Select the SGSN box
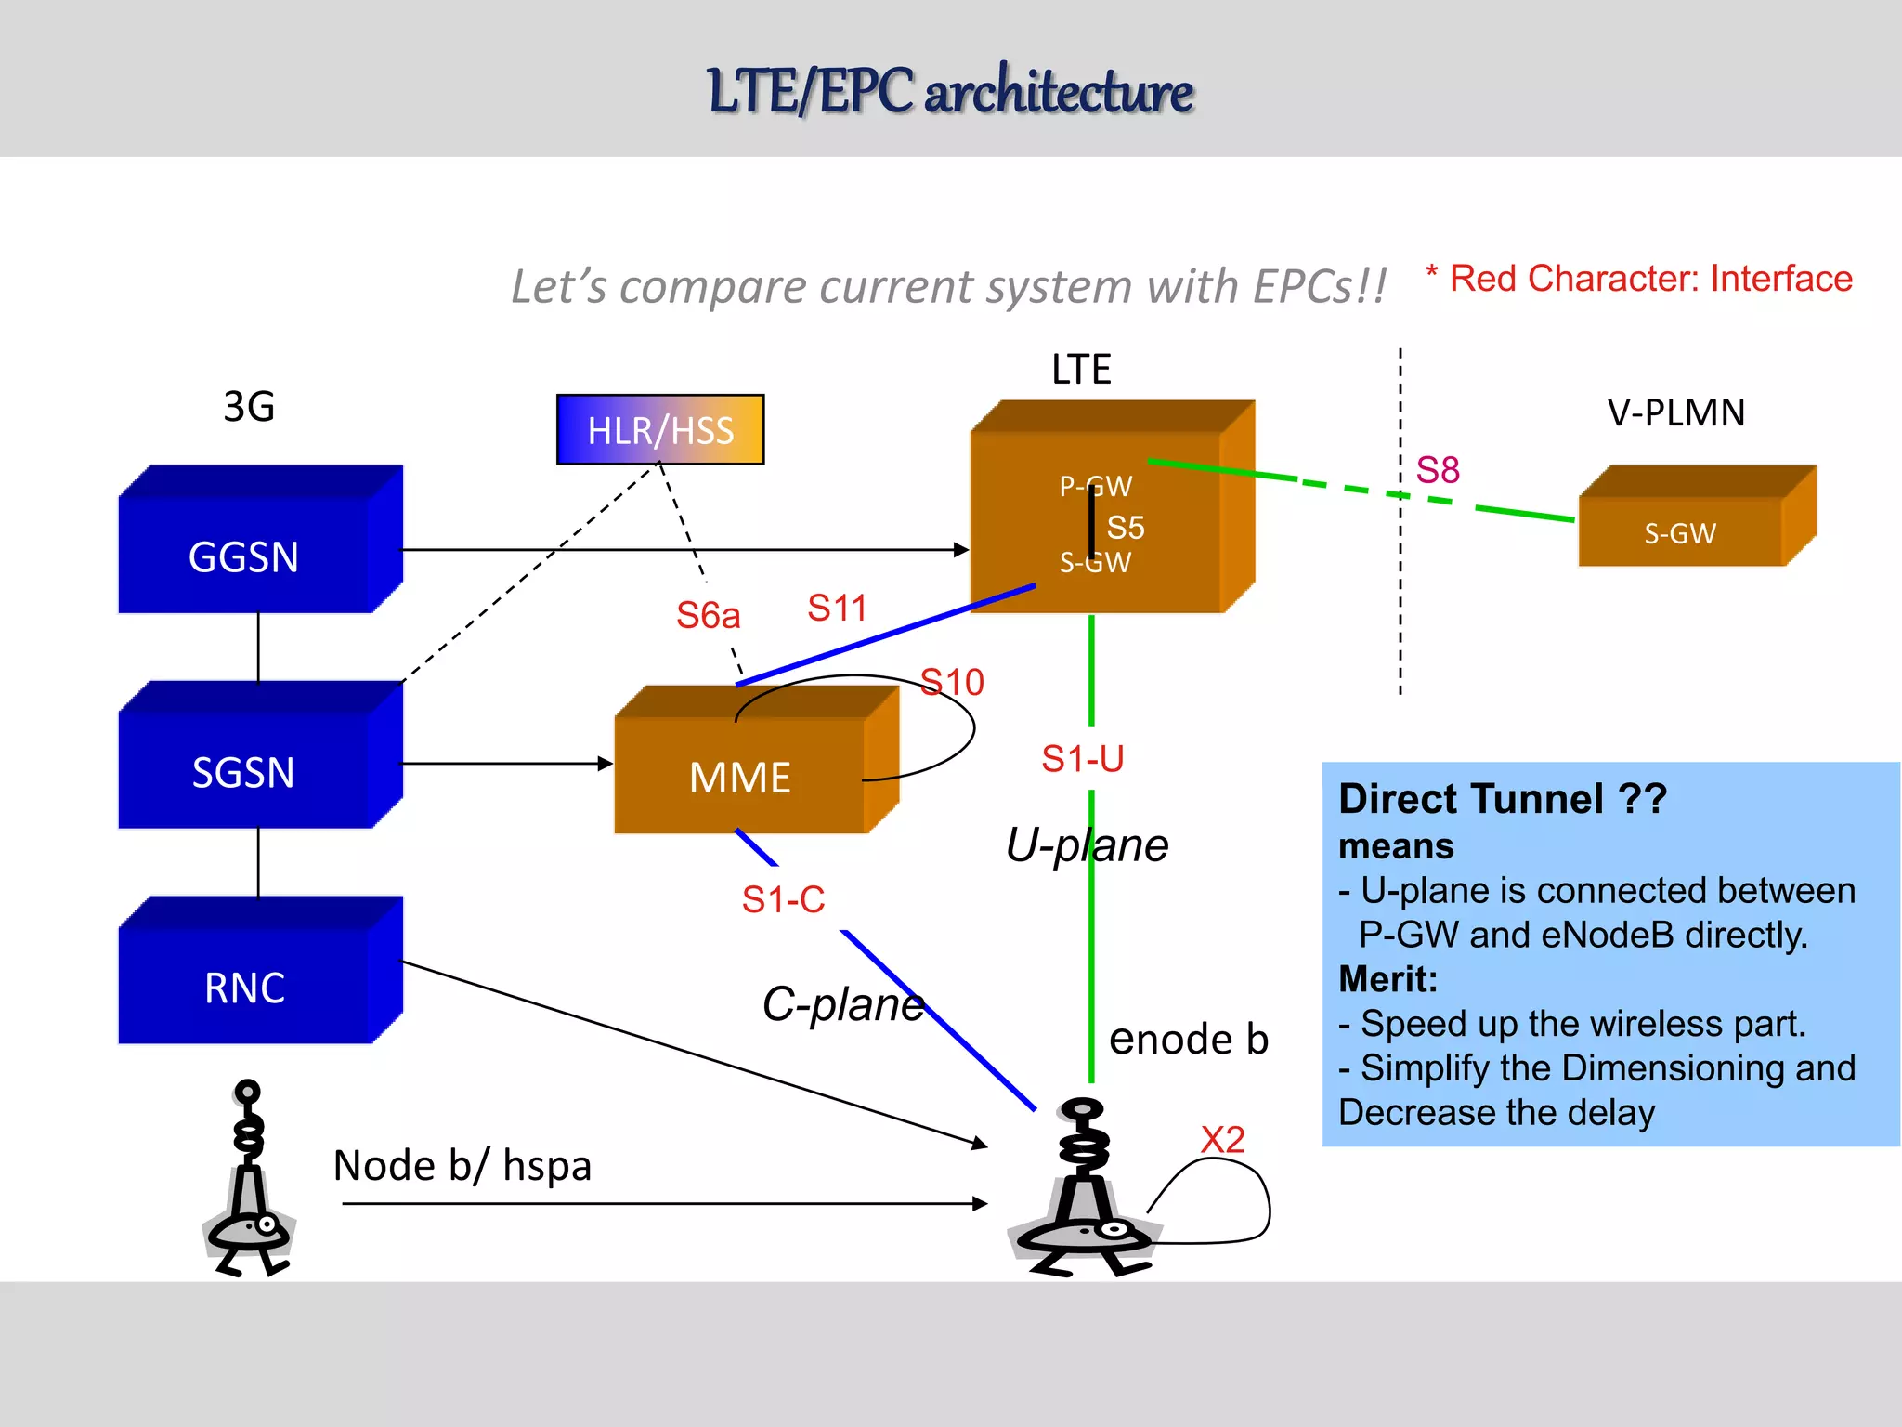tap(244, 772)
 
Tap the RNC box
tap(244, 988)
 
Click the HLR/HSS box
tap(660, 430)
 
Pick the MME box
tap(740, 777)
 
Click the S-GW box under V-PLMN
tap(1680, 532)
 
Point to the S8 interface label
tap(1438, 470)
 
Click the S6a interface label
tap(708, 615)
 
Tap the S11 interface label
tap(837, 609)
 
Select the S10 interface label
tap(952, 683)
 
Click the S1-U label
tap(1083, 759)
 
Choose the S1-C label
tap(783, 899)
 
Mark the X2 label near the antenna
tap(1222, 1140)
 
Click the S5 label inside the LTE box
tap(1126, 528)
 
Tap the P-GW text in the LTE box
tap(1096, 486)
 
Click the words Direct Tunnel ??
tap(1503, 799)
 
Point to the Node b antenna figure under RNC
tap(249, 1180)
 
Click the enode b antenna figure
tap(1083, 1189)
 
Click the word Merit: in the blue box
tap(1387, 979)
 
